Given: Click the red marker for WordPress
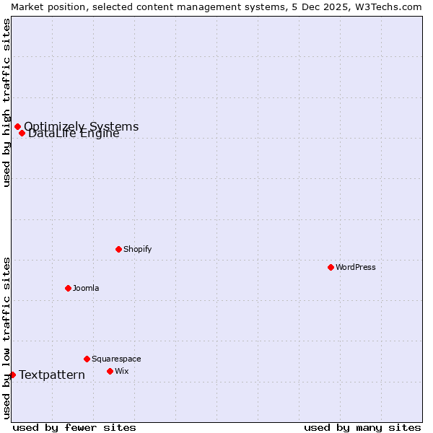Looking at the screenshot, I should (331, 267).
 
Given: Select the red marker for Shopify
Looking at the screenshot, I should (118, 249).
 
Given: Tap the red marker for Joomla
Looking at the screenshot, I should (68, 288).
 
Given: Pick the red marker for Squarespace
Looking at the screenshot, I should (87, 359).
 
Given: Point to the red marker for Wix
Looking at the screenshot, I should (110, 371).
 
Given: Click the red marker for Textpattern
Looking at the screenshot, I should (12, 375).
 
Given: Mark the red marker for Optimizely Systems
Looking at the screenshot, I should (17, 127).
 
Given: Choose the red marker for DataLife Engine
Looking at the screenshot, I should (22, 133).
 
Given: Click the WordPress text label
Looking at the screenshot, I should (356, 267).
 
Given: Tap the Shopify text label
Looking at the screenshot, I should (137, 249).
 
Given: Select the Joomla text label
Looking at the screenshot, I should (86, 288).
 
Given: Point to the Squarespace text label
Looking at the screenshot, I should (116, 359).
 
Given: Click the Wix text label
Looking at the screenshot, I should (121, 371).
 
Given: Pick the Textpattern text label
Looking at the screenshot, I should (52, 375).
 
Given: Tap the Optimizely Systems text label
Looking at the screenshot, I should (82, 126).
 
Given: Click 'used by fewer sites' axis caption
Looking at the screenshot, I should (74, 427).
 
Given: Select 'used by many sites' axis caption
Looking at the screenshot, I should (362, 427).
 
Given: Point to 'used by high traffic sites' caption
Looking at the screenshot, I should (7, 102).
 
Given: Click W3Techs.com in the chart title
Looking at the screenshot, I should (387, 6).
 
